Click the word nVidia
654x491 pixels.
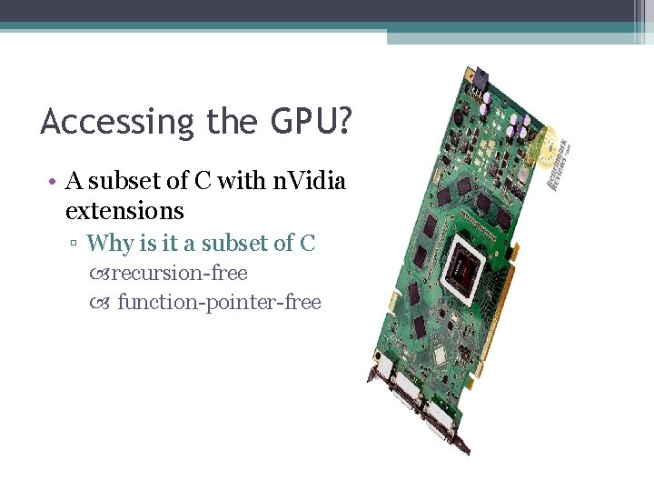309,181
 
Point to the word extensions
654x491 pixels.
124,211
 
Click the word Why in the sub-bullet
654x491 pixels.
110,243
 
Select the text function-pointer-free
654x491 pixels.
219,302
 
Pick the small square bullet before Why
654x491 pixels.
77,244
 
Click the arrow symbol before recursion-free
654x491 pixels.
100,274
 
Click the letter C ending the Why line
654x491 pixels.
307,243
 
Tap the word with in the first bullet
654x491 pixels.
242,181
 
